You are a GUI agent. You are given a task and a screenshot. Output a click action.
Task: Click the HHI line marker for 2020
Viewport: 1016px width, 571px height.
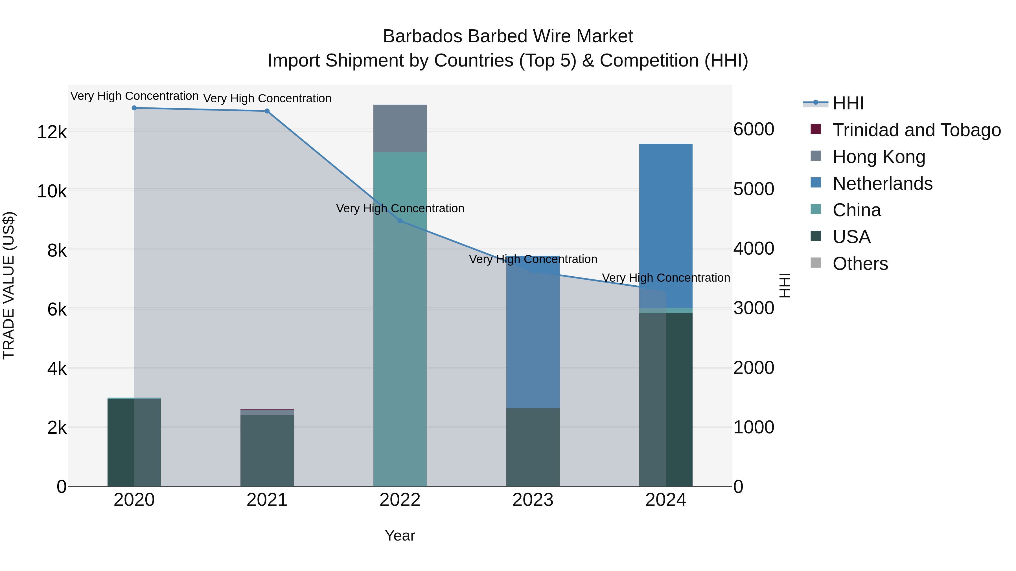[x=134, y=108]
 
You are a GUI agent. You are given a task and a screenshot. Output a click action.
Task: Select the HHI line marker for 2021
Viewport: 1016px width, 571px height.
[x=267, y=111]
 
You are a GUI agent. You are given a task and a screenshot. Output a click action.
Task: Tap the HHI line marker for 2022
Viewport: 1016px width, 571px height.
[x=400, y=221]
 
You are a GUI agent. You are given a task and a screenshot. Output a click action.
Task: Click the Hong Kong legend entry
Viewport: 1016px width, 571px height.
[x=879, y=157]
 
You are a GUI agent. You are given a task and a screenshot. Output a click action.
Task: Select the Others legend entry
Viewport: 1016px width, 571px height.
[x=860, y=264]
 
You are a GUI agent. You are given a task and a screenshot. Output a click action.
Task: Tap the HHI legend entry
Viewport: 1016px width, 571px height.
[x=848, y=103]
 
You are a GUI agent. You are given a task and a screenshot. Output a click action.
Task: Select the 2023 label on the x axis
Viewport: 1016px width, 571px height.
[x=533, y=500]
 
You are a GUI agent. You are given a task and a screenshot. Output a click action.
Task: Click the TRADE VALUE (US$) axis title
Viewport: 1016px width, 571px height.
[x=9, y=285]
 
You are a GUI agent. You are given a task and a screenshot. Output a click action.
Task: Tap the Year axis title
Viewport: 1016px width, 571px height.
[x=400, y=535]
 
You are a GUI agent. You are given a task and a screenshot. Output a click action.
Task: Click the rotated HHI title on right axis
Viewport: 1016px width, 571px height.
[x=785, y=285]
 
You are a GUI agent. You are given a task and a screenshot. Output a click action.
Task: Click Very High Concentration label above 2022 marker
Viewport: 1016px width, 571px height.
[x=400, y=208]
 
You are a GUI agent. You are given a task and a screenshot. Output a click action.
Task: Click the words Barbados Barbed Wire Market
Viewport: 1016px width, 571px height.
[x=508, y=36]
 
